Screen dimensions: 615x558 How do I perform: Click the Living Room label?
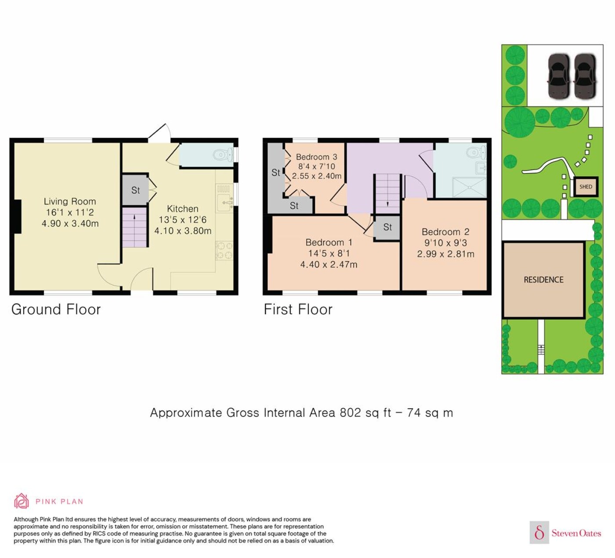70,202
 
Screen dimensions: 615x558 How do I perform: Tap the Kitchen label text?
183,209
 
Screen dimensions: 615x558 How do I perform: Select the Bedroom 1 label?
329,243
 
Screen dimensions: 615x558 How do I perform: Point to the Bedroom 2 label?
445,232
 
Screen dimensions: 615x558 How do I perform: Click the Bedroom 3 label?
317,157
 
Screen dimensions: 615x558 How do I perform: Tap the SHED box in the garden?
586,186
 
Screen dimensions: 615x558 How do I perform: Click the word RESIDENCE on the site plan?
543,280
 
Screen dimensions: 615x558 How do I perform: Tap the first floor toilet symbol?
478,151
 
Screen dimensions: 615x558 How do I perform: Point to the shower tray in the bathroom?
469,187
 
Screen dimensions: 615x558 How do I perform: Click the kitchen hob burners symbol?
224,250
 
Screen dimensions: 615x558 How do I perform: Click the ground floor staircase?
134,227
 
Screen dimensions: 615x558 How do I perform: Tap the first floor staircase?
387,194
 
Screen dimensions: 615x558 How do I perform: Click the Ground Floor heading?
56,309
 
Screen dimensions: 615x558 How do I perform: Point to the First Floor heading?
298,309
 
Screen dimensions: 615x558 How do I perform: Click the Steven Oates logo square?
539,532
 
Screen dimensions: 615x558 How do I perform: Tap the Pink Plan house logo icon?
22,501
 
